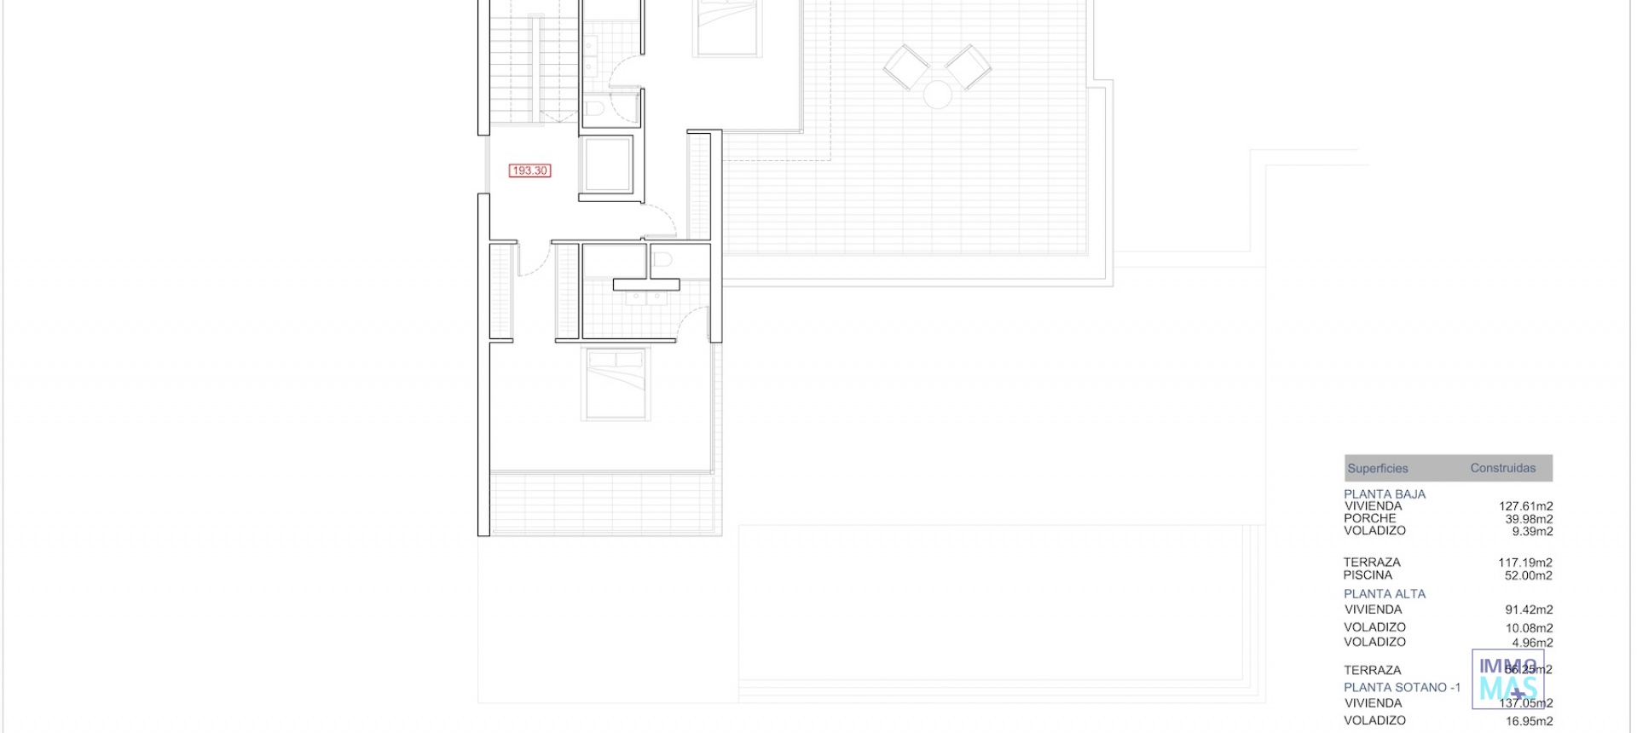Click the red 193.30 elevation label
(529, 170)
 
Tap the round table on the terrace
(937, 94)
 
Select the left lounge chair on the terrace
(905, 66)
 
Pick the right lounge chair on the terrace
(969, 66)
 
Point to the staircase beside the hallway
(534, 68)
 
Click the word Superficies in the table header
(1377, 468)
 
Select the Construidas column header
(1502, 468)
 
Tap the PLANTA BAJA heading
(1384, 493)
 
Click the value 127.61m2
(1525, 506)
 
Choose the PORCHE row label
(1369, 518)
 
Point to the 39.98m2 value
(1528, 519)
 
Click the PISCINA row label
(1367, 575)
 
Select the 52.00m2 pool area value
(1528, 575)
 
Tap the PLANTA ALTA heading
(1384, 593)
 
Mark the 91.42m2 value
(1528, 609)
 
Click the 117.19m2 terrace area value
(1524, 563)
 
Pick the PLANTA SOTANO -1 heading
(1402, 687)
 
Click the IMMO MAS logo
(1507, 679)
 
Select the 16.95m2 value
(1528, 721)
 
